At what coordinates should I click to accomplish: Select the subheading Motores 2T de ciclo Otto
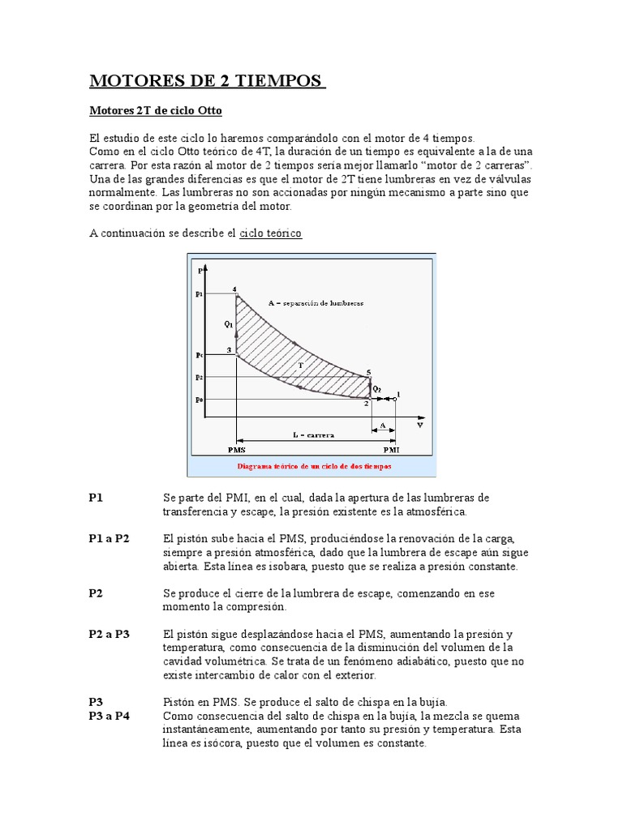(155, 109)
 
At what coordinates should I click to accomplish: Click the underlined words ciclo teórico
(270, 233)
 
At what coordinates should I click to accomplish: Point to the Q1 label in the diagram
(229, 324)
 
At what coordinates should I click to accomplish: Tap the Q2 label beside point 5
(377, 387)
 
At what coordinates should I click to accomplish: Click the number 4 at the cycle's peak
(234, 289)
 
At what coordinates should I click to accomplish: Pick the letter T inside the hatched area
(300, 366)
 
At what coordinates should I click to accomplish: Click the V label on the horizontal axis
(419, 424)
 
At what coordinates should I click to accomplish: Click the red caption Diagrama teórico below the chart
(314, 467)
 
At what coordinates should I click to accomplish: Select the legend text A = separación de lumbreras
(316, 302)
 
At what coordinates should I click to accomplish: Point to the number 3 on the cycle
(229, 350)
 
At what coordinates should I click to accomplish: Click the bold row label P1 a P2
(110, 538)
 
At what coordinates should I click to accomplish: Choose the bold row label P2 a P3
(110, 634)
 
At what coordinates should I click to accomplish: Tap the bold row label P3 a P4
(110, 716)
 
